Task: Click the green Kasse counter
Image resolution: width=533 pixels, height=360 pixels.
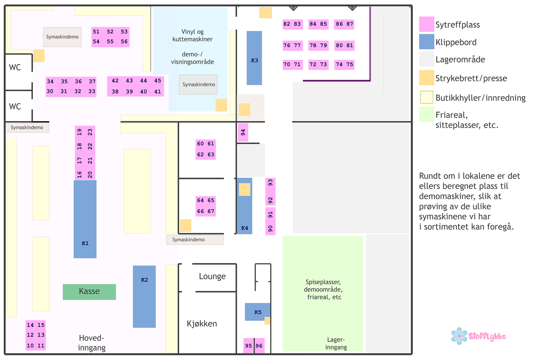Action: coord(89,292)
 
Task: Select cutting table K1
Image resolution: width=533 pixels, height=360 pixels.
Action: coord(85,219)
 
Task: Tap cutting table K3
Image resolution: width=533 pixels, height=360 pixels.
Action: coord(254,58)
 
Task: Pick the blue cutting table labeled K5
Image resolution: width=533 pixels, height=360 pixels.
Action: coord(258,312)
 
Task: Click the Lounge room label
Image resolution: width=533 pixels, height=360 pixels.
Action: coord(212,276)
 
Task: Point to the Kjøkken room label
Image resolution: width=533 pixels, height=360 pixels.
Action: coord(202,324)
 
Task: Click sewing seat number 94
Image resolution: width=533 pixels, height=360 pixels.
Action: coord(243,132)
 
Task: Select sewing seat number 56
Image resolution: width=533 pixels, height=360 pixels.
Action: coord(124,41)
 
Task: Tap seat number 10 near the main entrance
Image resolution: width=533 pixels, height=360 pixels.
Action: coord(30,345)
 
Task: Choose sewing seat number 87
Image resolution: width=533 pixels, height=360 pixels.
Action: coord(349,24)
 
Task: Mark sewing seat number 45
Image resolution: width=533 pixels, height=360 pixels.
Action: coord(158,80)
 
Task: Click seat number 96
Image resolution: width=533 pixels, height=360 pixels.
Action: coord(259,345)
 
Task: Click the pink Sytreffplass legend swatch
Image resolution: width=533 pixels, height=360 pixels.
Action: coord(427,24)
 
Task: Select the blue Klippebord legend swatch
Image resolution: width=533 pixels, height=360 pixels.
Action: coord(427,42)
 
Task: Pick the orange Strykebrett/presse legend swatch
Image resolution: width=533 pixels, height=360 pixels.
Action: coord(427,78)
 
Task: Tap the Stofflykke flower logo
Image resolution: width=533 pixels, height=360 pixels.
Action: coord(459,336)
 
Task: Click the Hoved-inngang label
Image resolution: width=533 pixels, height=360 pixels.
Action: coord(92,343)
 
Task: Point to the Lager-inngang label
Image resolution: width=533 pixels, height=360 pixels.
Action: coord(336,343)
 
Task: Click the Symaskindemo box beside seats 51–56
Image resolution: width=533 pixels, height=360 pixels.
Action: coord(62,37)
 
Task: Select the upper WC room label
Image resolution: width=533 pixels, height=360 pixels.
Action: coord(15,67)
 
